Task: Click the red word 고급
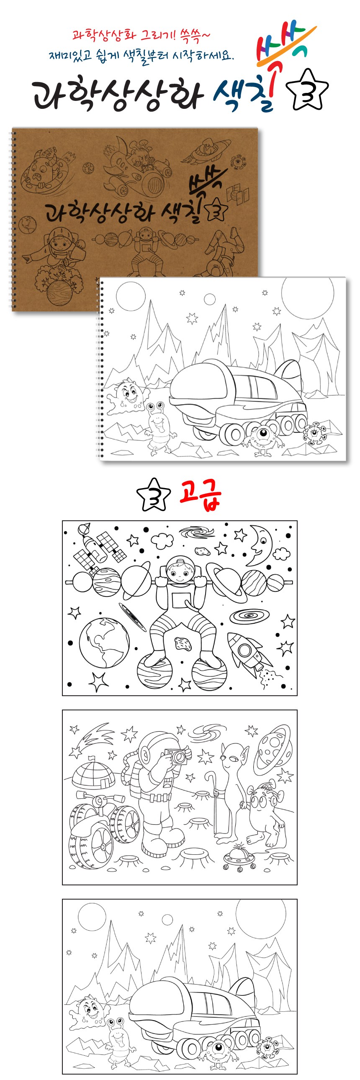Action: point(200,496)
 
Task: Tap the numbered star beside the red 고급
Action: point(154,495)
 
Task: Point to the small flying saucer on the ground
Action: point(239,856)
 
